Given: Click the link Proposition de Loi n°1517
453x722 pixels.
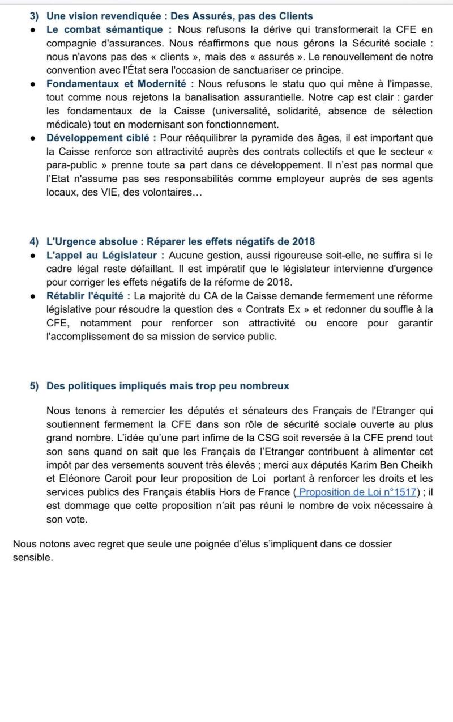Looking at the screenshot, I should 357,492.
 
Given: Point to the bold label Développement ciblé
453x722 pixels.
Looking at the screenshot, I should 98,138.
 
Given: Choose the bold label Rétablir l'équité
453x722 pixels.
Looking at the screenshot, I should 88,296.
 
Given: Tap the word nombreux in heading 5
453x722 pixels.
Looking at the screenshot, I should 264,386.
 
